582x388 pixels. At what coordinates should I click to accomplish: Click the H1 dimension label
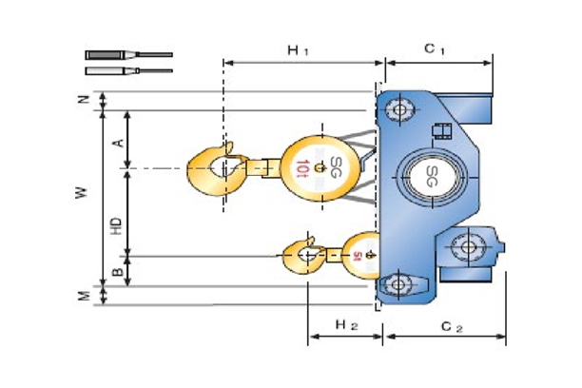(299, 49)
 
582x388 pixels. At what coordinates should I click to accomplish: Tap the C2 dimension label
(453, 326)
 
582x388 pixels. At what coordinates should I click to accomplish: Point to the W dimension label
(84, 193)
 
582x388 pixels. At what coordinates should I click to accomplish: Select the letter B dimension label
(117, 272)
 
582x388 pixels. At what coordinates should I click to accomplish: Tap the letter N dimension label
(84, 99)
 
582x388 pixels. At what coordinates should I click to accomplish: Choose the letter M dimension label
(84, 296)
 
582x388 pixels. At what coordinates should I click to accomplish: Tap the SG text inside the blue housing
(432, 176)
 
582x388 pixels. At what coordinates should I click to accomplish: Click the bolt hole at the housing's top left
(398, 111)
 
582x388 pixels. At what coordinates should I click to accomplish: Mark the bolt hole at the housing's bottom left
(398, 283)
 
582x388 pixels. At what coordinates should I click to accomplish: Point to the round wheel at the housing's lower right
(467, 248)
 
